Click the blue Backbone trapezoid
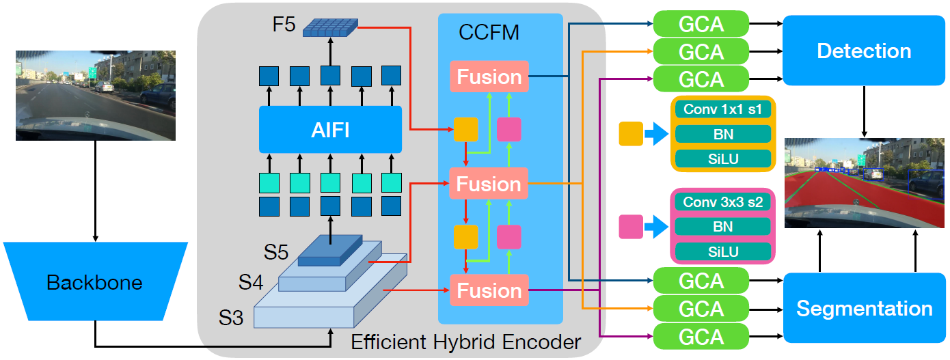(94, 281)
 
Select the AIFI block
(330, 129)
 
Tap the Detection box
(864, 51)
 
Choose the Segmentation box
(864, 308)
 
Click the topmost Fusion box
(489, 77)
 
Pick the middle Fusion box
(489, 184)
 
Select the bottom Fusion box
(489, 290)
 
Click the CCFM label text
(489, 33)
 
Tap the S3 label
(231, 318)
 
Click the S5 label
(277, 252)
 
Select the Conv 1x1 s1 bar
(722, 109)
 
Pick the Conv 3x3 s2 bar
(722, 202)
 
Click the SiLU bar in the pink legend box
(722, 251)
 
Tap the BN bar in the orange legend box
(722, 134)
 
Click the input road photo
(95, 95)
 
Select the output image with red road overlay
(865, 182)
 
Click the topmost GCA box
(701, 24)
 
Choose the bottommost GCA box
(701, 337)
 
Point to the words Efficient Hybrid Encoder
(465, 342)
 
